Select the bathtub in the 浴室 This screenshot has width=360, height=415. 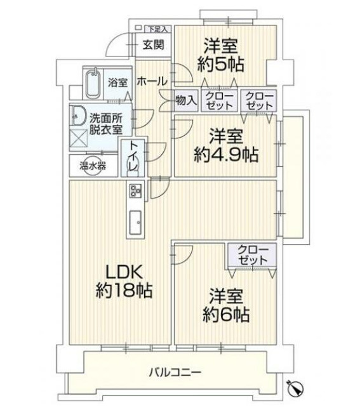pyautogui.click(x=95, y=83)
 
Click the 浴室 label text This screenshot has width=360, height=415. pyautogui.click(x=117, y=82)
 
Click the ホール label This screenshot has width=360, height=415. pyautogui.click(x=152, y=81)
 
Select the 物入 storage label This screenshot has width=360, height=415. pyautogui.click(x=186, y=100)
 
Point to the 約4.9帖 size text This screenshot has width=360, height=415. pyautogui.click(x=226, y=154)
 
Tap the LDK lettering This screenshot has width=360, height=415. pyautogui.click(x=124, y=272)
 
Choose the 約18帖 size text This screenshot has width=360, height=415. pyautogui.click(x=124, y=291)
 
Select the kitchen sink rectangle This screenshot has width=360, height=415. pyautogui.click(x=137, y=222)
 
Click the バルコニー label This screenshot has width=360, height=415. pyautogui.click(x=175, y=372)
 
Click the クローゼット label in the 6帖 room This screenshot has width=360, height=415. pyautogui.click(x=253, y=255)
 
